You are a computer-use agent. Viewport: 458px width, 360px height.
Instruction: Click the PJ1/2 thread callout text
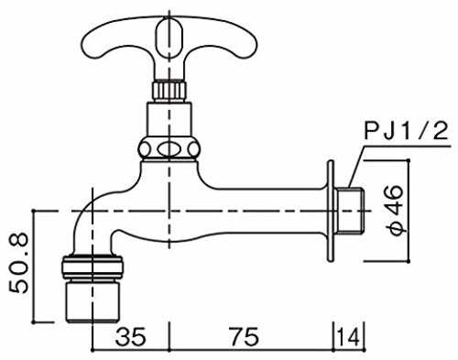407,131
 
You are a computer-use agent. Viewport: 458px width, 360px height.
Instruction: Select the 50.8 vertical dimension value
18,264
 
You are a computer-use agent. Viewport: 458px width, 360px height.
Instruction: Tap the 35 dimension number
131,337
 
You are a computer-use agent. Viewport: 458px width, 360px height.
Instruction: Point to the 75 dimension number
245,337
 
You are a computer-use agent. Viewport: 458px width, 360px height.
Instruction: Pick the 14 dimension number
349,337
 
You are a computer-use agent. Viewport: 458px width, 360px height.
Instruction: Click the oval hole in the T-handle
169,38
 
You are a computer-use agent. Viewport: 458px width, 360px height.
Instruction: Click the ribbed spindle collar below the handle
169,90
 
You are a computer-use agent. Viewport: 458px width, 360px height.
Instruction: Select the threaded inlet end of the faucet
348,211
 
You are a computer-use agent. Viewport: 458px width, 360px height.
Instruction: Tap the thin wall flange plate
331,211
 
